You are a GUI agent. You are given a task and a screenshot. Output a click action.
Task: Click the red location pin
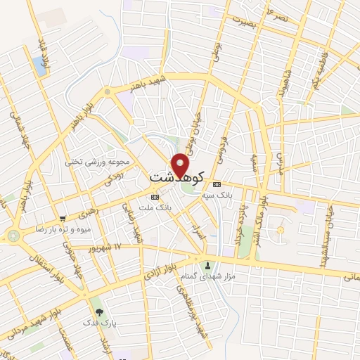(x=181, y=165)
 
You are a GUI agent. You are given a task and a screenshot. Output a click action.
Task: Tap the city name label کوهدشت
(x=177, y=176)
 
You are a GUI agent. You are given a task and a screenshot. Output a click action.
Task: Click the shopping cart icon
(x=63, y=219)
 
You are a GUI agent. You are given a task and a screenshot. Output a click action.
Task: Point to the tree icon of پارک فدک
(x=98, y=311)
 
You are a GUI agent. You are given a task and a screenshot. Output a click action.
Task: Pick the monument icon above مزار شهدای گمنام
(x=207, y=265)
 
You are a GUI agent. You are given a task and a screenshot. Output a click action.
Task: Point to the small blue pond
(x=38, y=67)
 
